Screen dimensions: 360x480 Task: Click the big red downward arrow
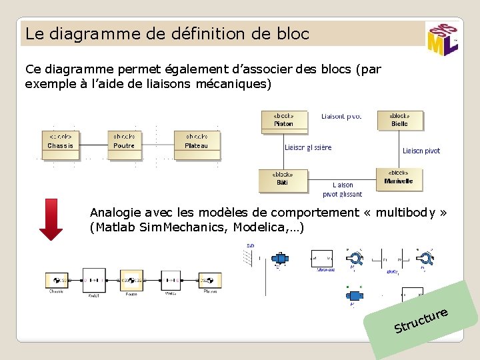[51, 219]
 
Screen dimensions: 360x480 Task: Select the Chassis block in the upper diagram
[60, 141]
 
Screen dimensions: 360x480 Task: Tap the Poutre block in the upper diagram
[124, 141]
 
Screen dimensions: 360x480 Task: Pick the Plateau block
[197, 141]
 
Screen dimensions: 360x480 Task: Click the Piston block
[283, 120]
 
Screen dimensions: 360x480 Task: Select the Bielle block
[399, 120]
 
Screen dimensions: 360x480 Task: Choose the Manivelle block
[399, 177]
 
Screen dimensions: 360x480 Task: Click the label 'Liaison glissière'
[308, 147]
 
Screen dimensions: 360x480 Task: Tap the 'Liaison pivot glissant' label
[343, 190]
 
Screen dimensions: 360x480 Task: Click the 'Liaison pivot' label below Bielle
[421, 151]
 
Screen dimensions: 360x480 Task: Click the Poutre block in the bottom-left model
[131, 280]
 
